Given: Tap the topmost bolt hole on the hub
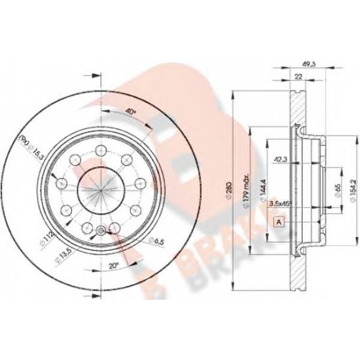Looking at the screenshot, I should [101, 152].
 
